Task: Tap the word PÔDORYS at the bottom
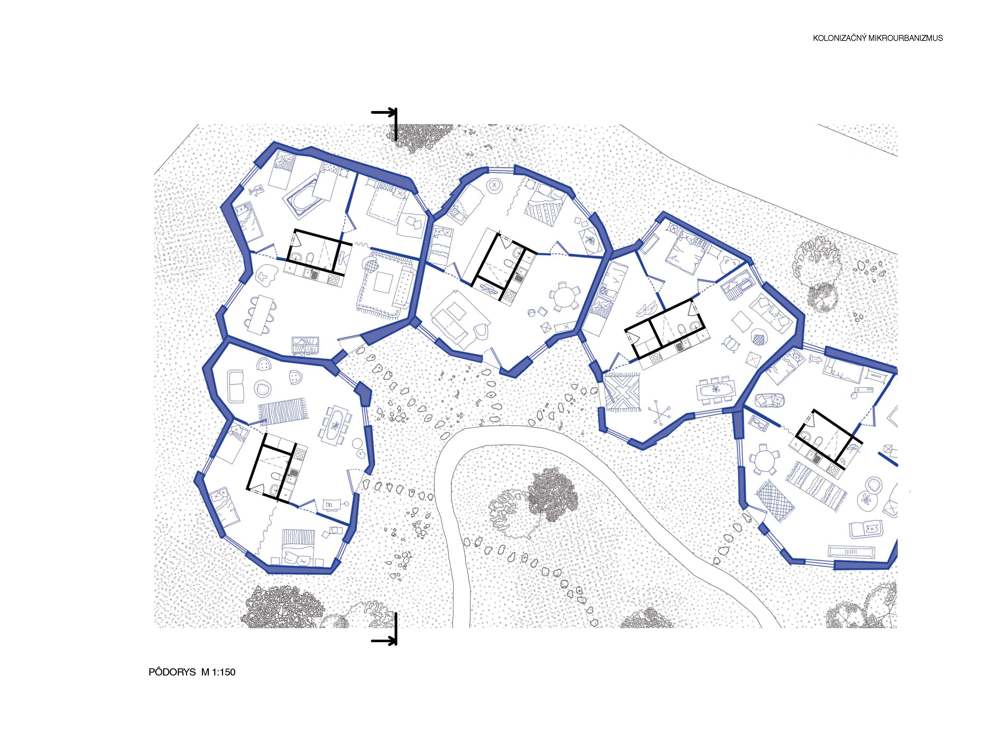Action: coord(172,672)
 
